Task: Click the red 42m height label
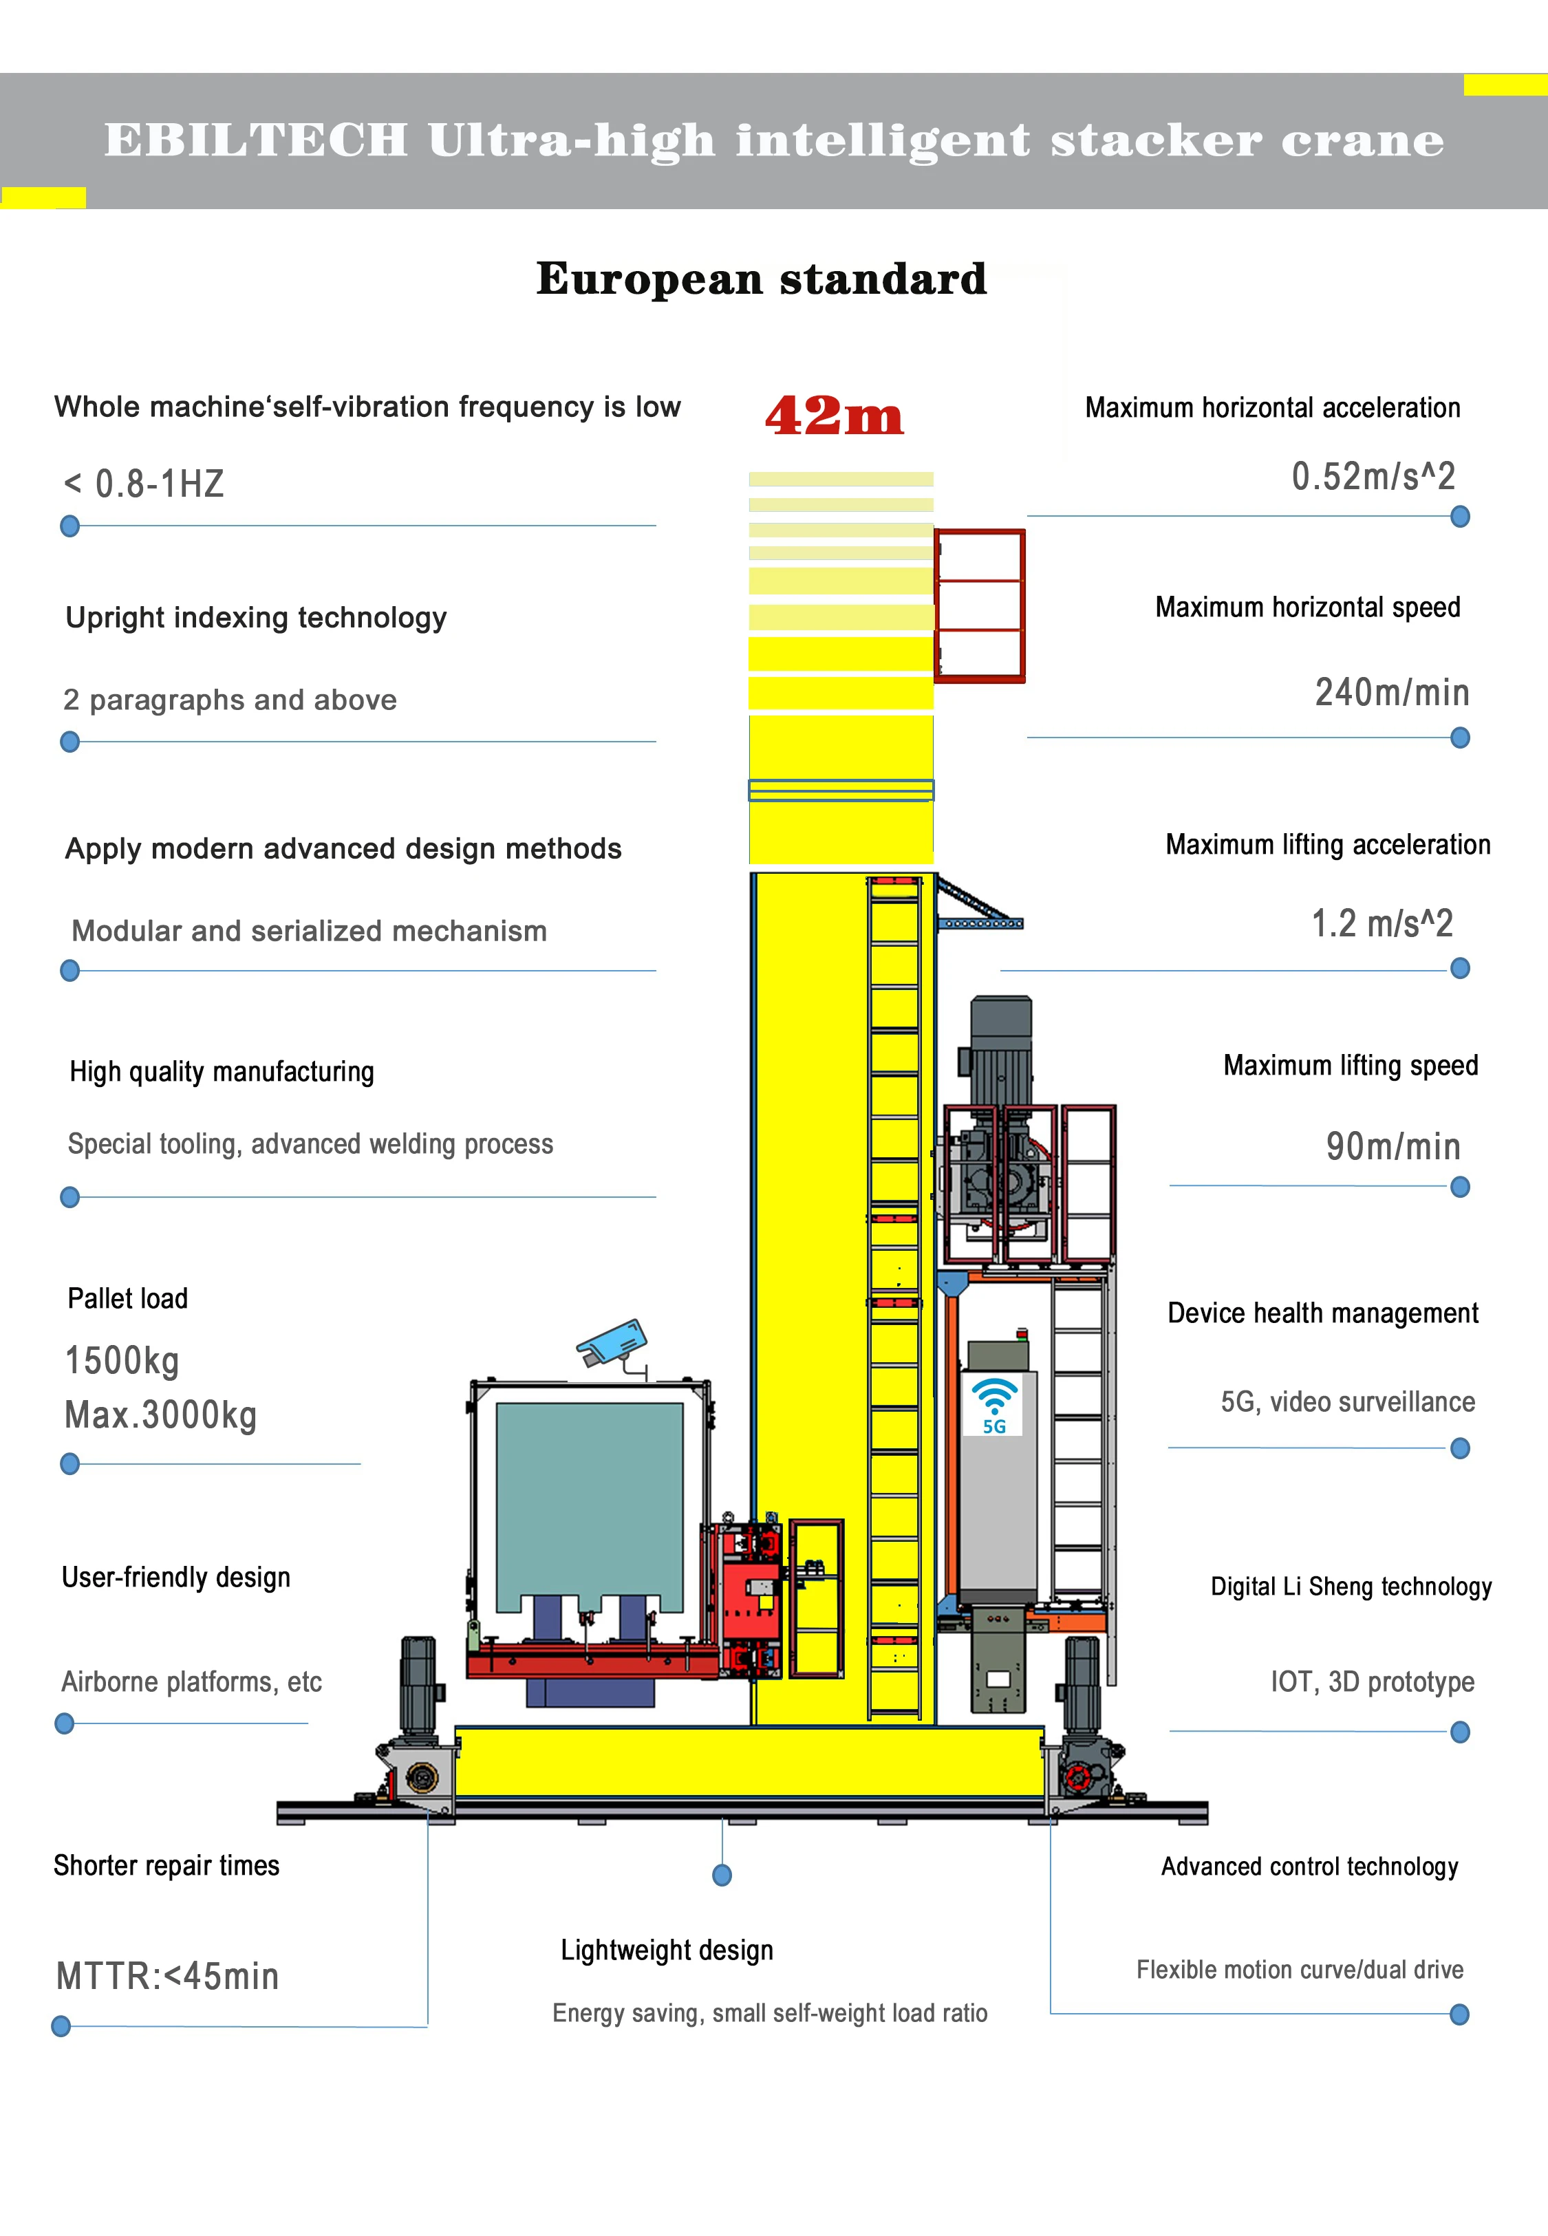coord(834,416)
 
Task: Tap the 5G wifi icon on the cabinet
coord(994,1404)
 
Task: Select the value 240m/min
coord(1392,692)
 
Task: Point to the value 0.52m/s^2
coord(1373,476)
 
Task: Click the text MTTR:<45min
coord(168,1975)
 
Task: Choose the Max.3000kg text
coord(161,1415)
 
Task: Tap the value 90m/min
coord(1393,1146)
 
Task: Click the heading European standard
coord(762,279)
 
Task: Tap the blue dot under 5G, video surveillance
coord(1460,1449)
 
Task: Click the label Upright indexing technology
coord(256,618)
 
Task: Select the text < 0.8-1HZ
coord(144,484)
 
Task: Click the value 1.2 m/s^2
coord(1382,923)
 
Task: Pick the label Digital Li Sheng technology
coord(1351,1587)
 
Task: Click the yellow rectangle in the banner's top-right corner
coord(1505,85)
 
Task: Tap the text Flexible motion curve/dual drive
coord(1300,1969)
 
